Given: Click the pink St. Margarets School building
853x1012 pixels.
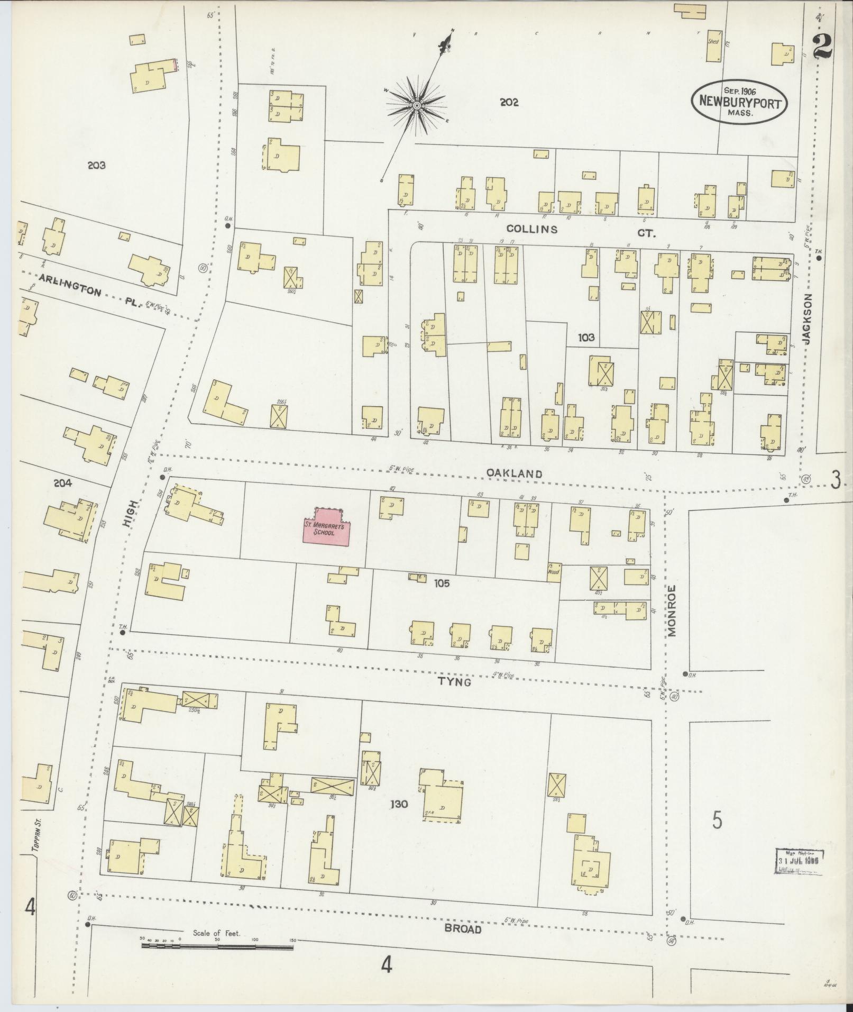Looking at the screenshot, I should (326, 528).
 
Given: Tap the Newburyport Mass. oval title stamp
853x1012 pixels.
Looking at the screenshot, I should (739, 103).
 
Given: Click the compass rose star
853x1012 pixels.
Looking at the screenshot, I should (417, 106).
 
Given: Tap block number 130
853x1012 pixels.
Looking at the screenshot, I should (399, 819).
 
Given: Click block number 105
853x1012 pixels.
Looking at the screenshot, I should (442, 584).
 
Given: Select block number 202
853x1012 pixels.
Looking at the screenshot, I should (508, 103).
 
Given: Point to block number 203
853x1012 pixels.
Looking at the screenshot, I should (97, 165).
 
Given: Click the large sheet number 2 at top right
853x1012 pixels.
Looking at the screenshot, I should (822, 47).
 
